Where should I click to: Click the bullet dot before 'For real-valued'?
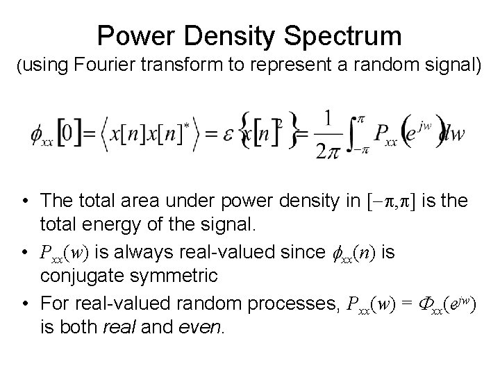[26, 303]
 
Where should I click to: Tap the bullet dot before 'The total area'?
[26, 201]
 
